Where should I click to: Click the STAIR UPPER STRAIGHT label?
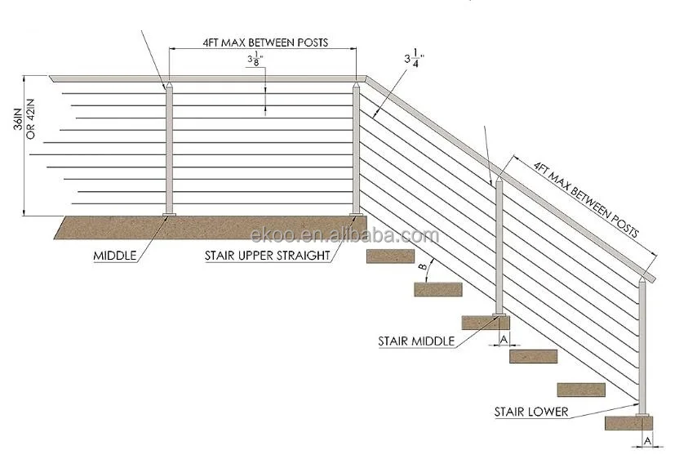[267, 256]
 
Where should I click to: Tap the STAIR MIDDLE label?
[416, 341]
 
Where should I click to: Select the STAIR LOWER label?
[530, 412]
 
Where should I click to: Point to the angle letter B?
[421, 267]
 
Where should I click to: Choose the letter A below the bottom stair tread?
[647, 441]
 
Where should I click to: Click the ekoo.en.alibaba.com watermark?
[345, 236]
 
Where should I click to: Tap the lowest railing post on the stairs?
[644, 347]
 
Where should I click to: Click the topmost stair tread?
[390, 256]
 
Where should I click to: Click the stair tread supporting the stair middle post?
[486, 323]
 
